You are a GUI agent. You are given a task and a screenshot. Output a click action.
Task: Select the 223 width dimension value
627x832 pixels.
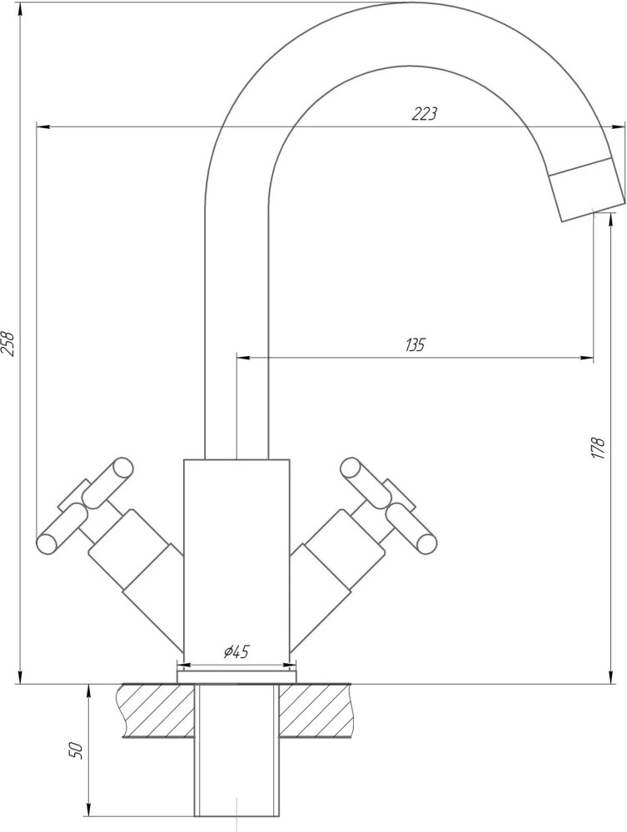coord(424,113)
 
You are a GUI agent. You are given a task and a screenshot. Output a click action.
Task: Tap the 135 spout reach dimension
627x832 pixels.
coord(415,345)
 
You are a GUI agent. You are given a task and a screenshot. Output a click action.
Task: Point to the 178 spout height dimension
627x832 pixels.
coord(599,448)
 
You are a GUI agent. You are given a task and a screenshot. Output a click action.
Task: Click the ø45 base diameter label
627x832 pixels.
coord(236,651)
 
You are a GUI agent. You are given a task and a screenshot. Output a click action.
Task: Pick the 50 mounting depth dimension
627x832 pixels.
coord(77,750)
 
